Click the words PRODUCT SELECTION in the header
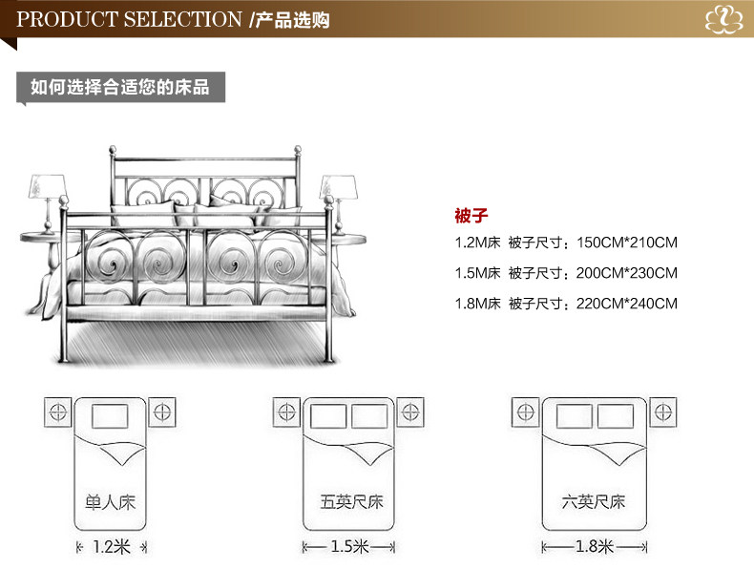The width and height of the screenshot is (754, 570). pyautogui.click(x=130, y=19)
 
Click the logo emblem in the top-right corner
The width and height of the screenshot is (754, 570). pyautogui.click(x=723, y=20)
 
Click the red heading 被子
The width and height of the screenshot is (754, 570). pyautogui.click(x=471, y=215)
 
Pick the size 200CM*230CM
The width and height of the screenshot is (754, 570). pyautogui.click(x=627, y=273)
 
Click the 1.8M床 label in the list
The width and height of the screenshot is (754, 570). pyautogui.click(x=477, y=304)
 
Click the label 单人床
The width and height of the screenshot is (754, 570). pyautogui.click(x=111, y=501)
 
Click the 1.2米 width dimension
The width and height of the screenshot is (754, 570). pyautogui.click(x=111, y=547)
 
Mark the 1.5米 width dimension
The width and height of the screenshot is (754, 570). pyautogui.click(x=349, y=547)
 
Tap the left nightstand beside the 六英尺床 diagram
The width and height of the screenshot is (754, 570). pyautogui.click(x=525, y=412)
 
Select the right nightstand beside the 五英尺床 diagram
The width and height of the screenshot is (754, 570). pyautogui.click(x=412, y=412)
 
